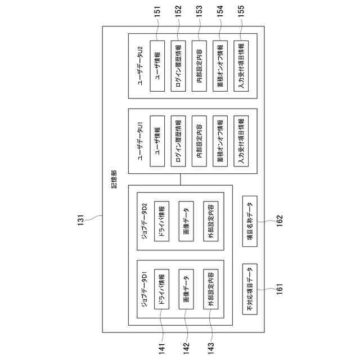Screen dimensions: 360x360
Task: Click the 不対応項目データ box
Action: [x=251, y=289]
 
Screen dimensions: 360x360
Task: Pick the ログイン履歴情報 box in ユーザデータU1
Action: [x=178, y=141]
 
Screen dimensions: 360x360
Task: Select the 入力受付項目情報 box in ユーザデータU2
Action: [x=240, y=66]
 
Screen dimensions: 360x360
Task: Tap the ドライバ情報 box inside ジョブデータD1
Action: [x=161, y=291]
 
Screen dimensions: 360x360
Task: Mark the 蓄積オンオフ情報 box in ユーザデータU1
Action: [x=220, y=141]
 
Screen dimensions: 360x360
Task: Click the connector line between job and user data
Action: [x=181, y=179]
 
